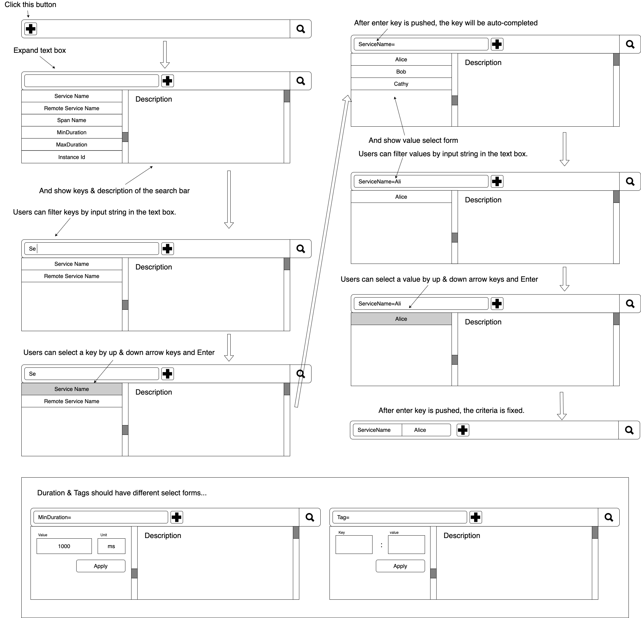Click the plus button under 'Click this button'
point(31,29)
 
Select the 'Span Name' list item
point(72,120)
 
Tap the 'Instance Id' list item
point(72,157)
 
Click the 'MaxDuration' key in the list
point(72,145)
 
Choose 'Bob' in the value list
point(401,72)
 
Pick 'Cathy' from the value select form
point(401,84)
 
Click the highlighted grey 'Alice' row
point(401,319)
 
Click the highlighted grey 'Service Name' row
point(72,389)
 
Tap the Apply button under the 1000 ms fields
point(101,566)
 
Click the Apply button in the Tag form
point(400,566)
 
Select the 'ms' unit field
point(111,546)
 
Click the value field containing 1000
point(64,546)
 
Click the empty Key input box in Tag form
point(354,544)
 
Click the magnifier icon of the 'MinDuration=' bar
point(310,517)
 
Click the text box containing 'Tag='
point(400,517)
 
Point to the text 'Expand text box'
point(40,50)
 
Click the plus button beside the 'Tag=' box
point(476,517)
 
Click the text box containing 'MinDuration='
point(101,517)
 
